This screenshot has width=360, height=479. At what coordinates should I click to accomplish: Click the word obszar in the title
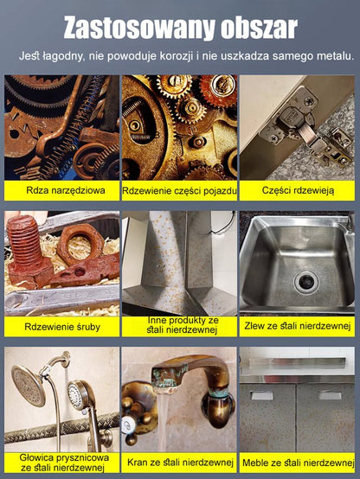(259, 28)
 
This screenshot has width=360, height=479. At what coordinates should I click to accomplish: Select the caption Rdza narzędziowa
(66, 190)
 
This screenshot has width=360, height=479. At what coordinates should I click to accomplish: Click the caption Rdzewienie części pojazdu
(179, 191)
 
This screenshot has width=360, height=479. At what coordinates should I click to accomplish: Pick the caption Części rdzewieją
(298, 190)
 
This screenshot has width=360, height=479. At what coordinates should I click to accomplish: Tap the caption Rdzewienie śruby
(62, 327)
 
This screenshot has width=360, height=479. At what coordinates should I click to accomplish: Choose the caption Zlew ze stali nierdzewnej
(297, 326)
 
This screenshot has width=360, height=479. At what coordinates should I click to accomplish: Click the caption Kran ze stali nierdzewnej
(180, 463)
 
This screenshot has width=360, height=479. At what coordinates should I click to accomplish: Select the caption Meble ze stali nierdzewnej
(299, 463)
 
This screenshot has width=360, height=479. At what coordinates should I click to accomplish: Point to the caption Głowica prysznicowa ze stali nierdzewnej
(64, 463)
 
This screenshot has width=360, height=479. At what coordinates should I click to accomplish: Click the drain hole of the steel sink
(305, 282)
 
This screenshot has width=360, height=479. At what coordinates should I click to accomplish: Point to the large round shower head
(29, 386)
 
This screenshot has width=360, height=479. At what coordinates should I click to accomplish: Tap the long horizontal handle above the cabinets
(297, 362)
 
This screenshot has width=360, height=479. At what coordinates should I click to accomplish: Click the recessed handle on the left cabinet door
(262, 395)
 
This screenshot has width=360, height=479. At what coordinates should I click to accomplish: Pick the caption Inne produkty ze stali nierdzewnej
(183, 325)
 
